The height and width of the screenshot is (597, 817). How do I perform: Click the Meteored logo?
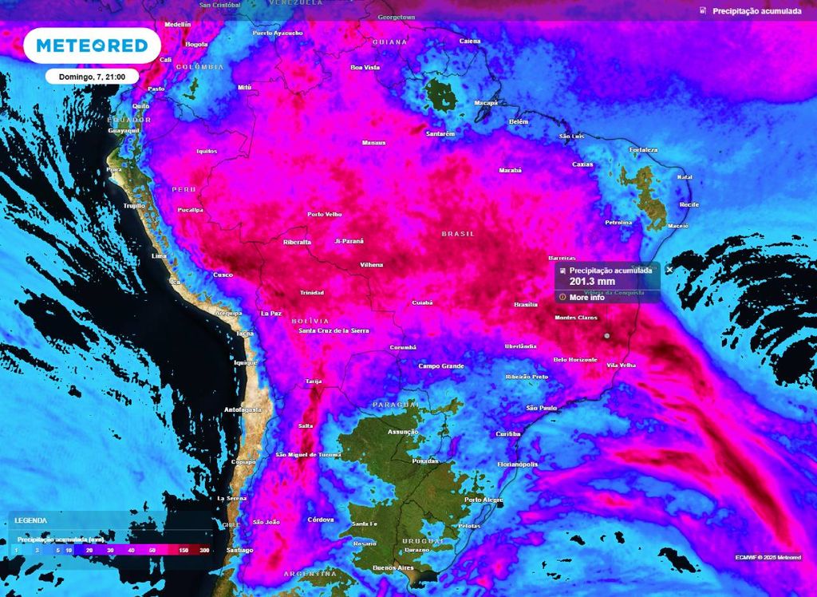pos(93,45)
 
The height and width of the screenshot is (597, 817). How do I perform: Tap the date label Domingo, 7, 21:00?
pos(93,77)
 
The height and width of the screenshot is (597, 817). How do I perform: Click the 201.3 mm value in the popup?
pos(592,282)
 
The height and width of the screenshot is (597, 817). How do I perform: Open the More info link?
pos(586,298)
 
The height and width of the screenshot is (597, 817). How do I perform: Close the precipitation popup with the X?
pos(669,271)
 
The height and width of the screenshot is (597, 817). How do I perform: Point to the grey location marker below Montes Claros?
pos(606,336)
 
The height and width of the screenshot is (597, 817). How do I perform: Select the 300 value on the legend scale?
pos(205,551)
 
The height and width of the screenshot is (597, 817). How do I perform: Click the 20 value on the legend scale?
pos(89,551)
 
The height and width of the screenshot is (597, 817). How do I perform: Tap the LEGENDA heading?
pos(30,520)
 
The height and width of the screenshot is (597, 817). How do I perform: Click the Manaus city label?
pos(373,143)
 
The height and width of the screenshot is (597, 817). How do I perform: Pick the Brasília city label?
pos(526,305)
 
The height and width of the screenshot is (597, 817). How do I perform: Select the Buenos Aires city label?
pos(393,567)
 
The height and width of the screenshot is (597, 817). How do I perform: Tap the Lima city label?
pos(159,256)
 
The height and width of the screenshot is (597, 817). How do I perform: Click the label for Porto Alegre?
pos(483,500)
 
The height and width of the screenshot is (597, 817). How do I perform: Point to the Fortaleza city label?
pos(643,149)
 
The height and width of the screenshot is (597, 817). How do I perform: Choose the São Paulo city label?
pos(542,408)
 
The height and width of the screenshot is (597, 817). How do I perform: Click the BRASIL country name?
pos(458,234)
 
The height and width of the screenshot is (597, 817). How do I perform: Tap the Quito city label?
pos(140,106)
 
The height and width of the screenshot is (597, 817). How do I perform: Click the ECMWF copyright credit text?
pos(768,557)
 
